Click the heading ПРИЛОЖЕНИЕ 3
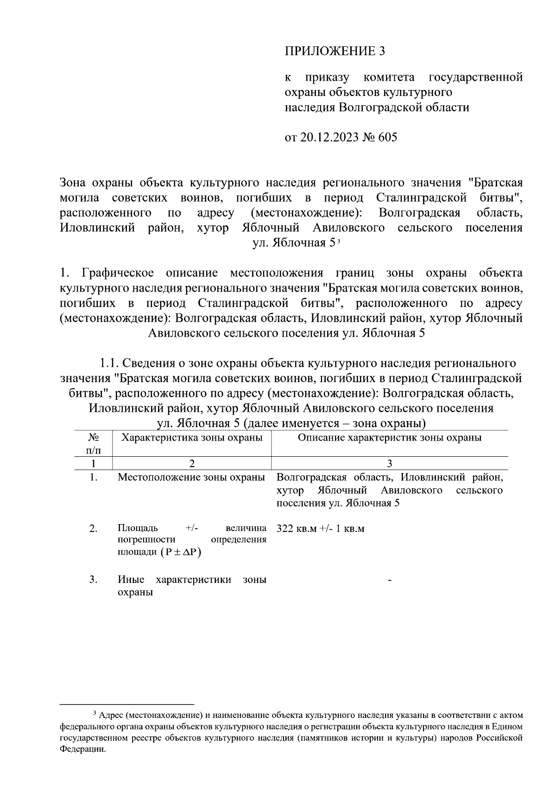point(335,51)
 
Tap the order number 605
point(388,138)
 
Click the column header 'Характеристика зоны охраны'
point(192,438)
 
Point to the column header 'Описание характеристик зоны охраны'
point(389,438)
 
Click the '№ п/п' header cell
point(93,444)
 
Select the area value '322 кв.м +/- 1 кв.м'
point(320,529)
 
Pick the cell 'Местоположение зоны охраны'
point(191,477)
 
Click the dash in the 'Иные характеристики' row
point(390,580)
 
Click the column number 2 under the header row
point(192,463)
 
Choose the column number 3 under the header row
point(390,463)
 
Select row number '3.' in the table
point(93,580)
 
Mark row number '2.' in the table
point(93,529)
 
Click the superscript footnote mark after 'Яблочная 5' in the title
point(339,241)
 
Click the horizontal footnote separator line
point(127,704)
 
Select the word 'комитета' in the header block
point(389,77)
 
